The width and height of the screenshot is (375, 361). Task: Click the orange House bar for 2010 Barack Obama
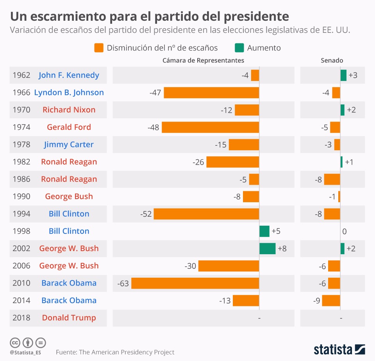click(195, 283)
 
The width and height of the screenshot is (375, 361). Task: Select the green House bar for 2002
click(267, 248)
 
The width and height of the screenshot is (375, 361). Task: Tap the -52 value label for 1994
click(146, 214)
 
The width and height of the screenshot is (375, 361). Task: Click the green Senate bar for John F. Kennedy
click(343, 75)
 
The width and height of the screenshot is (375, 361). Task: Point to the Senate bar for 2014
click(331, 300)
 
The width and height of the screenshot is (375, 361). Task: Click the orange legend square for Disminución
click(99, 48)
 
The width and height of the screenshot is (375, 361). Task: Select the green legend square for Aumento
click(239, 48)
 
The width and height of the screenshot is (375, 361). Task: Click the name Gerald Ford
click(69, 127)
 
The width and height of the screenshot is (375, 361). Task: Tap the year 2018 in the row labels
click(21, 318)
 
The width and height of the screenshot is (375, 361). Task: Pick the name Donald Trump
click(69, 318)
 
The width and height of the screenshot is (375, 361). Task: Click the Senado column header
click(332, 60)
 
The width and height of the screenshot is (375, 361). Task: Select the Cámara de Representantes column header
click(203, 60)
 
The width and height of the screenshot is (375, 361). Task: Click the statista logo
click(339, 348)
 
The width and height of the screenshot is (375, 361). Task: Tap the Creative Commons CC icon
click(15, 343)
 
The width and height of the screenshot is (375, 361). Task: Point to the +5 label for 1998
click(276, 231)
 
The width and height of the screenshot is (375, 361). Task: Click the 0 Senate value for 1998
click(344, 231)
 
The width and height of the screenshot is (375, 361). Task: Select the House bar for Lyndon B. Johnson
click(211, 93)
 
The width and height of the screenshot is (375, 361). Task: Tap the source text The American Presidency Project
click(127, 352)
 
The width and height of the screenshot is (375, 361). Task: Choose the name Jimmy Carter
click(69, 144)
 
